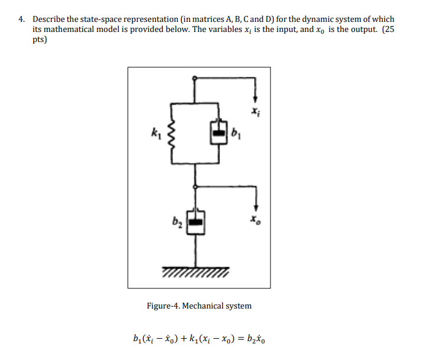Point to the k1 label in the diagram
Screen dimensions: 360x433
tap(154, 133)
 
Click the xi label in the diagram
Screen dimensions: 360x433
tap(255, 111)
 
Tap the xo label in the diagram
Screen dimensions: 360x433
tap(255, 220)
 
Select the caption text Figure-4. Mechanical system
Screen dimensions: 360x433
tap(199, 306)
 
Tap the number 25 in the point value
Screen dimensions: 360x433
tap(388, 28)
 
